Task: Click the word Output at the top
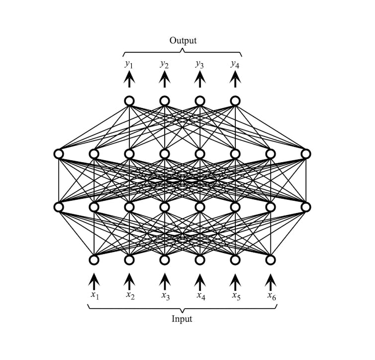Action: click(183, 40)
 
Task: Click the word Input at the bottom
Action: click(182, 319)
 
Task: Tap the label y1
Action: click(129, 64)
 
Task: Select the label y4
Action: click(235, 64)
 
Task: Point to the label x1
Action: click(94, 295)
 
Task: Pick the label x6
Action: click(271, 295)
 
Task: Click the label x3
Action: click(165, 295)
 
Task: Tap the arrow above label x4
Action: click(200, 281)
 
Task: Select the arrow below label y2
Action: click(165, 79)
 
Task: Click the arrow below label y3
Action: click(200, 79)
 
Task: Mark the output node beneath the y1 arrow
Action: click(129, 101)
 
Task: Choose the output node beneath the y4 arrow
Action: click(235, 101)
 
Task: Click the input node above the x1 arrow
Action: click(94, 259)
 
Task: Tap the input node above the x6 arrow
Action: click(271, 259)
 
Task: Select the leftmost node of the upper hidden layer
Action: click(59, 154)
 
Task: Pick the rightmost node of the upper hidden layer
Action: click(306, 154)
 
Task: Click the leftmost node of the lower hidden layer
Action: click(59, 207)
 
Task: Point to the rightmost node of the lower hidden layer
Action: click(306, 207)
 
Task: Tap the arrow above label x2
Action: click(129, 281)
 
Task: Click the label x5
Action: click(236, 295)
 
